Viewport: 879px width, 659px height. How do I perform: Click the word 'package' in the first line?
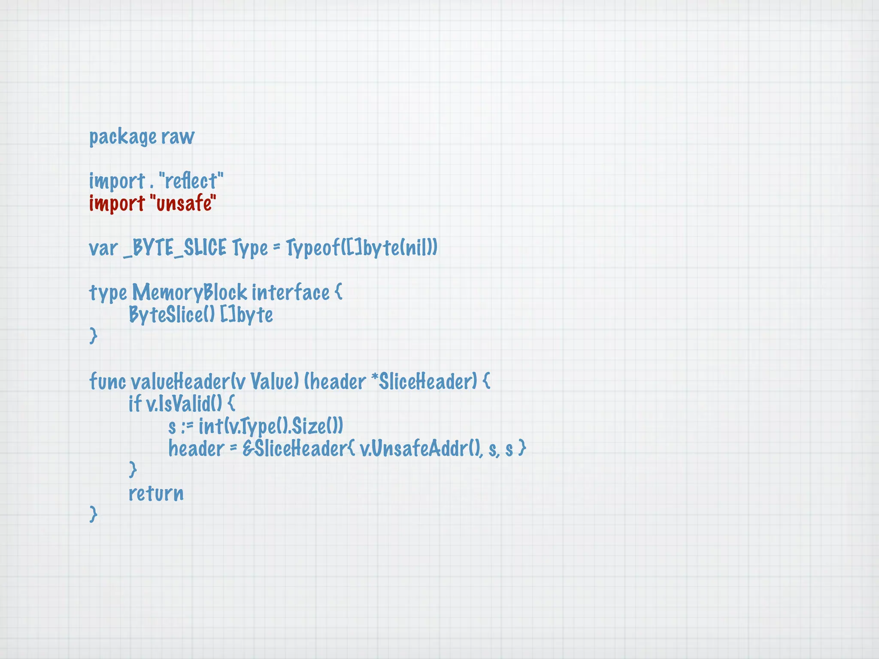[x=123, y=137]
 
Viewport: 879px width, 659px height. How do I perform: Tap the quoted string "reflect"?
[x=191, y=181]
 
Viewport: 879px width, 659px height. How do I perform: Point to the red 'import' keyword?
[x=117, y=203]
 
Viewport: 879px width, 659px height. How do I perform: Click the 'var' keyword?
[x=103, y=248]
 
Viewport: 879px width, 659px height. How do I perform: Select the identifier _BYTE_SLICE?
[x=175, y=248]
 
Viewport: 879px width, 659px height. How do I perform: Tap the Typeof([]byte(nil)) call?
[x=361, y=248]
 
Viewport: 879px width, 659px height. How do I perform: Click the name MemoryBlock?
[x=189, y=293]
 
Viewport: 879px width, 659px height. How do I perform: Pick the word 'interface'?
[x=291, y=293]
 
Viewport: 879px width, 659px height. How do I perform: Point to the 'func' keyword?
[x=107, y=382]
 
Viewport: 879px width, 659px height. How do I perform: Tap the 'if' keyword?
[x=135, y=404]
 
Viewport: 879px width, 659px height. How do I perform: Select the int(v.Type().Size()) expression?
[x=271, y=426]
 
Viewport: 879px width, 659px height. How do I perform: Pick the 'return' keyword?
[x=156, y=493]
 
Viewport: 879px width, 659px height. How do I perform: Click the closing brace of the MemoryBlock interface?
[x=93, y=336]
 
